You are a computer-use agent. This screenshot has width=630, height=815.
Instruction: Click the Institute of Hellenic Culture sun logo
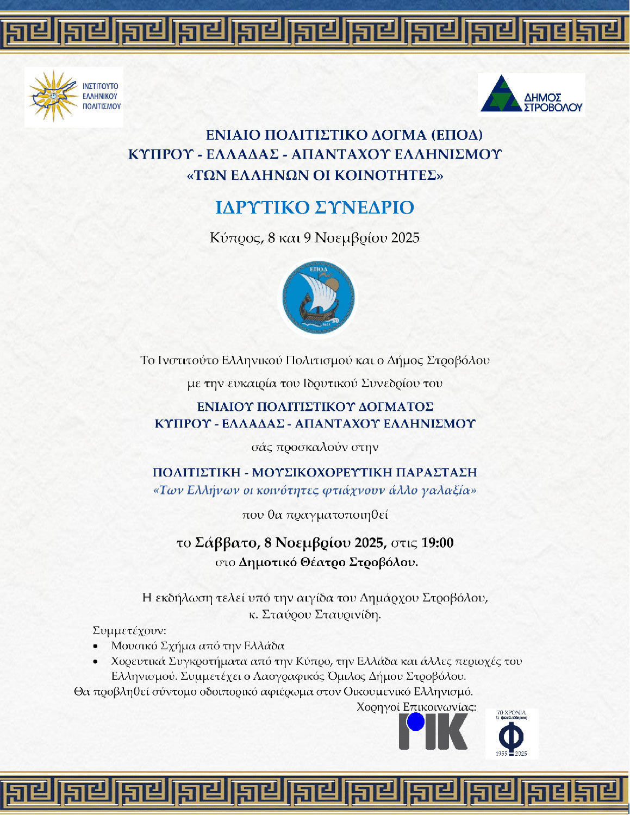coord(53,97)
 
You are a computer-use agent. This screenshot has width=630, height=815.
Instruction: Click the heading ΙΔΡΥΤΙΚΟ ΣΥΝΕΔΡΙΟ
coord(315,208)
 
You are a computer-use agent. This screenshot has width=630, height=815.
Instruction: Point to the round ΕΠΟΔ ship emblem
coord(319,297)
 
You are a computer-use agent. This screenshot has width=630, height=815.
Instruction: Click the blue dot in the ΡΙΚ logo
coord(416,722)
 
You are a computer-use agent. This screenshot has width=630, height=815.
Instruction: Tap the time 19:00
coord(437,543)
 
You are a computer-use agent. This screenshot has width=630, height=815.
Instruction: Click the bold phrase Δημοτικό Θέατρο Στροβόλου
coord(328,562)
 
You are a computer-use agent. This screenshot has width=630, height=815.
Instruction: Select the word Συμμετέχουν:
coord(129,631)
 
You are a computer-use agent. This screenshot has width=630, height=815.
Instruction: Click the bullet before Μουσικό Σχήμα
coord(96,647)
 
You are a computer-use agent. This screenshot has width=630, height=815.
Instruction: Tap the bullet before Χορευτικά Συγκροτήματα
coord(96,662)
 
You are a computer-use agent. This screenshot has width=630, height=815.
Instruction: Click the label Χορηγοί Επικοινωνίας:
coord(416,707)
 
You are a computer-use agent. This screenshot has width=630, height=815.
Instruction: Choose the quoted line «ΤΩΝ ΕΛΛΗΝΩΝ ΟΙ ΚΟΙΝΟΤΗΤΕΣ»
coord(315,175)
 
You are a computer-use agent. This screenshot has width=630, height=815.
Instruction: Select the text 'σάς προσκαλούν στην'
coord(315,448)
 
